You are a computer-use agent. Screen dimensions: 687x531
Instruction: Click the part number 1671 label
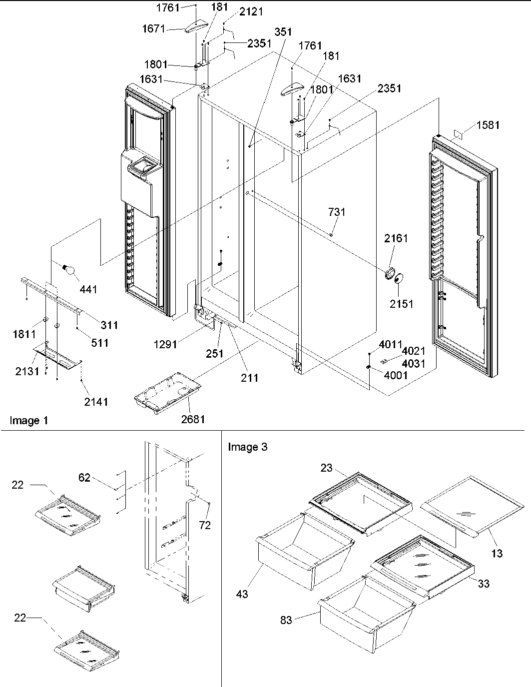tap(153, 29)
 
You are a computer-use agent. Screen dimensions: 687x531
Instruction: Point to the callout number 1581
tap(488, 125)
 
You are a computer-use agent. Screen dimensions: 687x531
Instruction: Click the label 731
tap(337, 212)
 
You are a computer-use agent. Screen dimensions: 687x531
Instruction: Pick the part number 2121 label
tap(251, 11)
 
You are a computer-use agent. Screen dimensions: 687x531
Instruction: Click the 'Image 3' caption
tap(247, 447)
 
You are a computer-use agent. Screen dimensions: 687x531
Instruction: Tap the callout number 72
tap(205, 525)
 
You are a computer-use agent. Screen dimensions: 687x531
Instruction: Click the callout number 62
tap(84, 478)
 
